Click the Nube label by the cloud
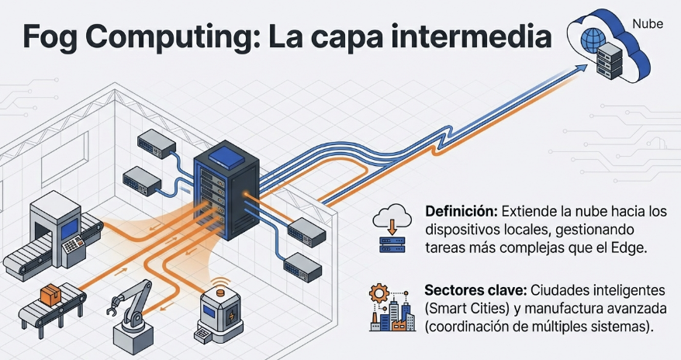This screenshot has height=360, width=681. click(x=648, y=22)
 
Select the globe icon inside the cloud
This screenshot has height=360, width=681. click(x=594, y=36)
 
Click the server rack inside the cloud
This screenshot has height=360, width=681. click(x=610, y=57)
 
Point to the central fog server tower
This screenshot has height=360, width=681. click(x=225, y=190)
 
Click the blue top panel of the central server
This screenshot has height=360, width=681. click(x=225, y=153)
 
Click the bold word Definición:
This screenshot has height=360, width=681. click(x=461, y=211)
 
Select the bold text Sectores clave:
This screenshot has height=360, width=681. click(x=475, y=289)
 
